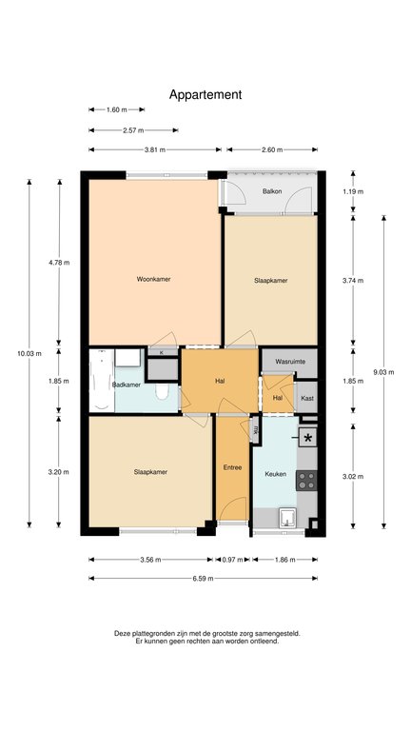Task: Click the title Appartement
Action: (205, 94)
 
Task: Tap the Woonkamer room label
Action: (153, 279)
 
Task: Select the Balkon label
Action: (272, 191)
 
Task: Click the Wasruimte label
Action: (289, 362)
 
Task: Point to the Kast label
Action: (307, 399)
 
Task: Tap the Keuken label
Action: (275, 474)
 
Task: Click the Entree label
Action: (232, 467)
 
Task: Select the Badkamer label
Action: (127, 385)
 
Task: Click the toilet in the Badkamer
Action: (162, 392)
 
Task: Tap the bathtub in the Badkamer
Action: (102, 380)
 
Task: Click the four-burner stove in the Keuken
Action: (306, 480)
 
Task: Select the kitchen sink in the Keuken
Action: (287, 519)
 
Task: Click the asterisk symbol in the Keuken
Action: (308, 438)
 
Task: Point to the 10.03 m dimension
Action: (29, 353)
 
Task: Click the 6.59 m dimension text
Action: (204, 579)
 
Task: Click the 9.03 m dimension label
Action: (384, 372)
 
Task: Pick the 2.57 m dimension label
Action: (133, 130)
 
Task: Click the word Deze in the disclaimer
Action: (122, 634)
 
